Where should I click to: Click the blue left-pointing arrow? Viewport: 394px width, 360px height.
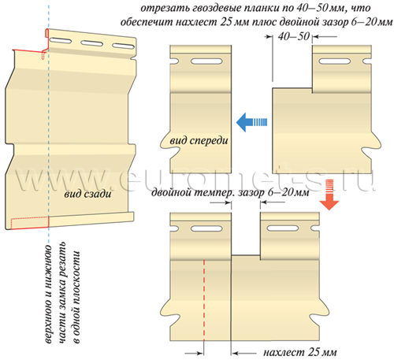pos(251,122)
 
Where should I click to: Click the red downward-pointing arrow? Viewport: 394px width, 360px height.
pos(329,195)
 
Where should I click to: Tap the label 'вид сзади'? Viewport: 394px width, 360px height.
pos(87,194)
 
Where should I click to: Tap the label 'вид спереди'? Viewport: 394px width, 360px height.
pos(199,141)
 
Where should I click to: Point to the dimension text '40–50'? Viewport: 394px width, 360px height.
pos(294,36)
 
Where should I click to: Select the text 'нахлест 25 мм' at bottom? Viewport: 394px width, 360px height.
pos(300,352)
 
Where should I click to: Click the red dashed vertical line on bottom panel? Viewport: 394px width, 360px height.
pos(204,300)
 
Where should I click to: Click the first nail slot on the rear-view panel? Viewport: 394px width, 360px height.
pos(60,41)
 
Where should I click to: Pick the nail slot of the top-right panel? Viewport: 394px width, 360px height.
pos(334,61)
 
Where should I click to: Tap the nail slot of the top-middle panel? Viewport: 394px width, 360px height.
pos(206,61)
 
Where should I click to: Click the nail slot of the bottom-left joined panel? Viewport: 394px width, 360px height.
pos(206,228)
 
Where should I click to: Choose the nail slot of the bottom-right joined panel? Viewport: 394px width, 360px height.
pos(282,228)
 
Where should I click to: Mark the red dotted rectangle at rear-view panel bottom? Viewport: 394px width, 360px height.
pos(30,222)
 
